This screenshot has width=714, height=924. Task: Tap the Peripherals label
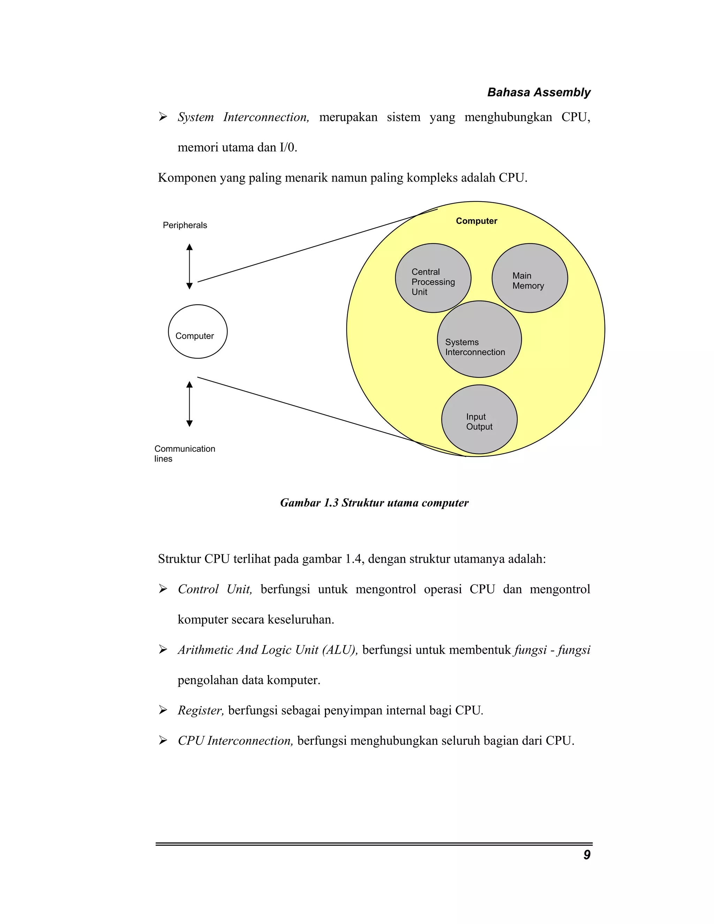(x=185, y=225)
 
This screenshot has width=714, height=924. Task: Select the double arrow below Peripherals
(x=190, y=266)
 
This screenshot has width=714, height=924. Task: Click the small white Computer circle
(x=198, y=332)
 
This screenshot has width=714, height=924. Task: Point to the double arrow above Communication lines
(x=190, y=404)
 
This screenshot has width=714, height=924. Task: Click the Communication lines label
(x=184, y=454)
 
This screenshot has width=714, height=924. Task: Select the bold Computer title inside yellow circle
(x=476, y=221)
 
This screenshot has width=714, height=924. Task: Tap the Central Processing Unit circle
(x=433, y=278)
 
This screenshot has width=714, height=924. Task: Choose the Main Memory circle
(x=530, y=278)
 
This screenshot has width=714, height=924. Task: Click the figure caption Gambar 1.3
(x=374, y=502)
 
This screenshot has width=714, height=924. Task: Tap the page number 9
(x=587, y=855)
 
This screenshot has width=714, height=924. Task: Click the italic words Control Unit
(x=215, y=589)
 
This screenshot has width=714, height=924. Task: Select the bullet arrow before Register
(x=163, y=710)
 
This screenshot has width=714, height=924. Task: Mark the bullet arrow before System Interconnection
(x=163, y=117)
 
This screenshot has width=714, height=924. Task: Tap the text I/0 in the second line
(x=288, y=147)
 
